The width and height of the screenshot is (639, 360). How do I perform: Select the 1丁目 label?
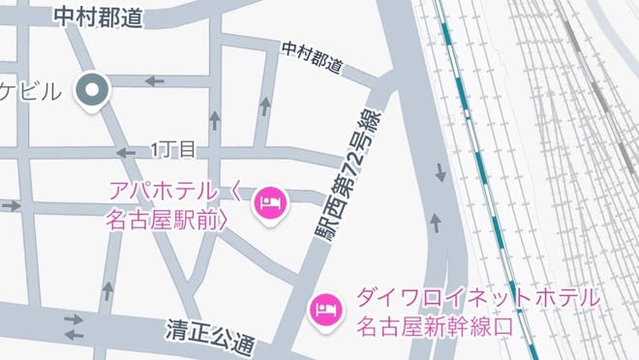point(174,149)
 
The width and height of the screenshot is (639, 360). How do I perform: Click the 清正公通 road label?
point(208,340)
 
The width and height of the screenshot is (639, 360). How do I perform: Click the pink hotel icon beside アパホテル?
point(268,203)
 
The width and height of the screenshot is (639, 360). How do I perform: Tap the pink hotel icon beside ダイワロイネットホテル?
point(324,310)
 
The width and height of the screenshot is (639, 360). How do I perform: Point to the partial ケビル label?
point(30,91)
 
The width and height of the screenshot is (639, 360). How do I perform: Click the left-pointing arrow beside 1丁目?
point(123,152)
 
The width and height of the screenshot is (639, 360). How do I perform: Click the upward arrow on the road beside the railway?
point(436,225)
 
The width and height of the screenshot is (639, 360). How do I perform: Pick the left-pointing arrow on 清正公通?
point(74,335)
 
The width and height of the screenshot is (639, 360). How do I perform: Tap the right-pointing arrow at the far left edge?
point(12,205)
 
